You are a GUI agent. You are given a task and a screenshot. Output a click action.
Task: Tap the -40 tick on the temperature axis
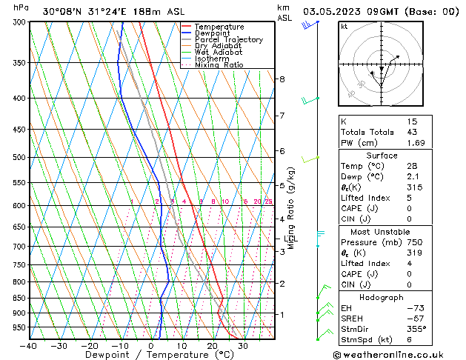pyautogui.click(x=30, y=346)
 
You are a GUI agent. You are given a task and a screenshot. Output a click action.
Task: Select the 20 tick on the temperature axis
pyautogui.click(x=212, y=346)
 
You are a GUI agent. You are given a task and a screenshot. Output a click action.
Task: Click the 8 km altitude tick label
pyautogui.click(x=282, y=79)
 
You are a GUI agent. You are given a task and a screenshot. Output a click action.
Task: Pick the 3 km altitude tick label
pyautogui.click(x=282, y=252)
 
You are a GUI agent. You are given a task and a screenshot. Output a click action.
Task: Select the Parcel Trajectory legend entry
pyautogui.click(x=228, y=40)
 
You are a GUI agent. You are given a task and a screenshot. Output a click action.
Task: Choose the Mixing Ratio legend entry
pyautogui.click(x=219, y=65)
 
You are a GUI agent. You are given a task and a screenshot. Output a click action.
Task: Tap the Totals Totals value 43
pyautogui.click(x=413, y=132)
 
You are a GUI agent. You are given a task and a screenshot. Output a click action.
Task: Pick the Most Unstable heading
pyautogui.click(x=382, y=232)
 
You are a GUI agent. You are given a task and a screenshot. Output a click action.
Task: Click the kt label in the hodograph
pyautogui.click(x=344, y=27)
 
